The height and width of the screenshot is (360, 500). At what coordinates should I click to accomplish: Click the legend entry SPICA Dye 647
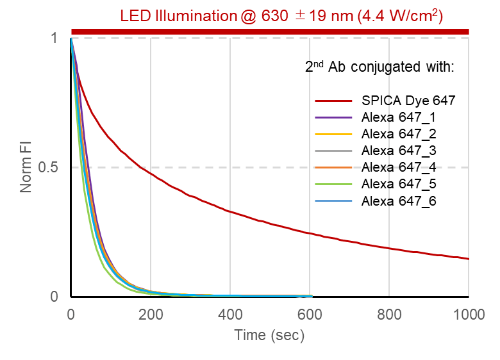click(x=408, y=101)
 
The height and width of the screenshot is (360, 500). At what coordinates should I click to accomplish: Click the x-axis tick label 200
click(x=151, y=314)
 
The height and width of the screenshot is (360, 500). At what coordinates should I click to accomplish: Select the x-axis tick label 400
click(x=230, y=314)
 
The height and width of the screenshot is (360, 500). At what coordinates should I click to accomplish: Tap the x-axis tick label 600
click(x=310, y=314)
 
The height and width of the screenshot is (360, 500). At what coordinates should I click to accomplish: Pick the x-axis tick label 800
click(x=389, y=314)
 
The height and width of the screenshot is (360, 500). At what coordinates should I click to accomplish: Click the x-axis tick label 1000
click(x=469, y=314)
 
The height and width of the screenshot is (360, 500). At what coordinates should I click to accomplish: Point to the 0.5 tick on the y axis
click(x=51, y=168)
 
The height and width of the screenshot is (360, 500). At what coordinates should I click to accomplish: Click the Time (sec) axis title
click(x=269, y=335)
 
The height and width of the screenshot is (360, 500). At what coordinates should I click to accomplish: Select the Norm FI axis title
click(x=26, y=168)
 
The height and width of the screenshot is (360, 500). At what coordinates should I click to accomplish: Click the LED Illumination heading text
click(x=281, y=15)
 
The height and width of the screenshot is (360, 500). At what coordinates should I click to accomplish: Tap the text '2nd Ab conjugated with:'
click(x=379, y=67)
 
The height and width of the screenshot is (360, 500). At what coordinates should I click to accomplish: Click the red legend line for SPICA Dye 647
click(x=334, y=101)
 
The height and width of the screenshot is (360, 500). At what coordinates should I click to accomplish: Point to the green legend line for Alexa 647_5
click(x=334, y=184)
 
